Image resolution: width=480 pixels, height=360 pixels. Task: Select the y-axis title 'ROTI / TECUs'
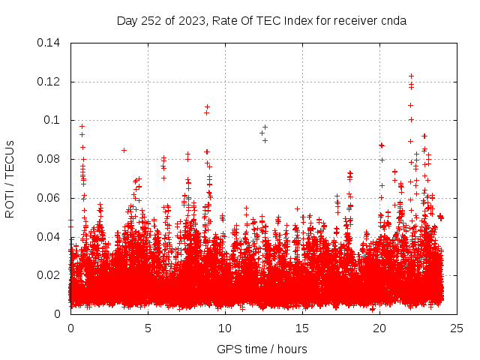[x=10, y=178]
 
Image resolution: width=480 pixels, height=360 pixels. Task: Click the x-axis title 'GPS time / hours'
[x=262, y=349]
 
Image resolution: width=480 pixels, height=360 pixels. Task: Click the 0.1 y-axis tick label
[x=53, y=120]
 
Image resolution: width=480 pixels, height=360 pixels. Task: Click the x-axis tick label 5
[x=148, y=328]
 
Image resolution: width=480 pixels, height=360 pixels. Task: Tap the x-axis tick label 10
[x=225, y=328]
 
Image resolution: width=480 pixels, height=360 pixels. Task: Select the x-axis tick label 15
[x=302, y=328]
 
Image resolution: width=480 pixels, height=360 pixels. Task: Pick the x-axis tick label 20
[x=379, y=328]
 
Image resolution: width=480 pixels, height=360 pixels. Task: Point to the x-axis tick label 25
[x=457, y=328]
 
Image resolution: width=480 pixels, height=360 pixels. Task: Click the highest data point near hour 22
[x=411, y=76]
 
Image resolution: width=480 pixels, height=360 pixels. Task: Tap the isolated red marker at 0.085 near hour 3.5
[x=124, y=150]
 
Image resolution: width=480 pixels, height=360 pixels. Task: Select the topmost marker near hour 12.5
[x=265, y=127]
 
